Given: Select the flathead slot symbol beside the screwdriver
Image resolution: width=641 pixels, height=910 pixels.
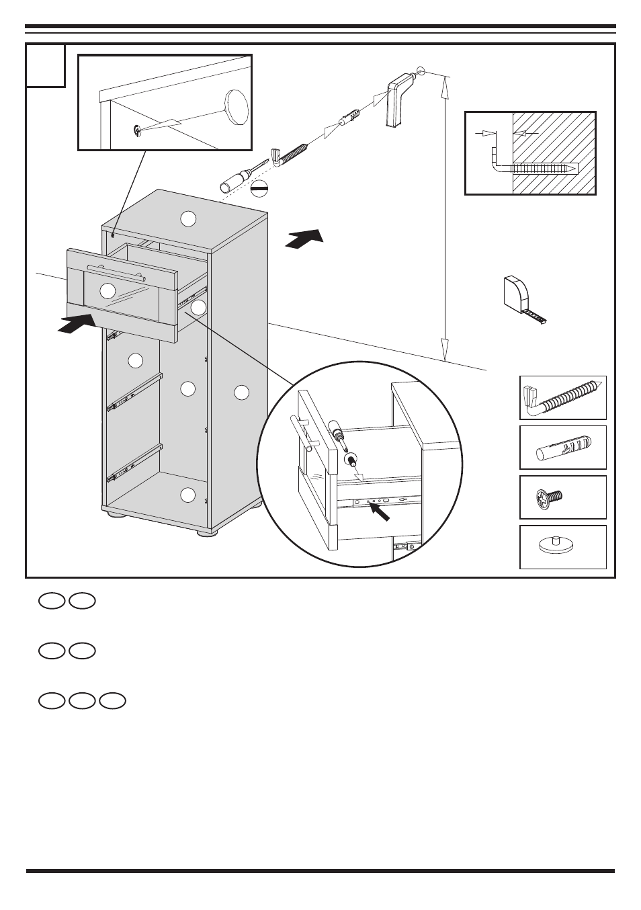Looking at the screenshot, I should pyautogui.click(x=259, y=188).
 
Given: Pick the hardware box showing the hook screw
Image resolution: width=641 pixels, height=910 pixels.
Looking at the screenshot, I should pyautogui.click(x=562, y=398).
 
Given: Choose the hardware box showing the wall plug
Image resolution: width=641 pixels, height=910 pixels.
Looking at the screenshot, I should pyautogui.click(x=562, y=448).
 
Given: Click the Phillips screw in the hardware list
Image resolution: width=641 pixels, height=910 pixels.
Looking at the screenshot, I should pyautogui.click(x=550, y=498).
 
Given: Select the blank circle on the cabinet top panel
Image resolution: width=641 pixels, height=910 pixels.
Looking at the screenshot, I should pyautogui.click(x=189, y=218).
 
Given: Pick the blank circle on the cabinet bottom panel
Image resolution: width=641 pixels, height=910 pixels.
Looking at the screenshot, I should pyautogui.click(x=188, y=495).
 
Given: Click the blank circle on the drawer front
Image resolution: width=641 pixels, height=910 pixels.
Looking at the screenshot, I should pyautogui.click(x=108, y=290).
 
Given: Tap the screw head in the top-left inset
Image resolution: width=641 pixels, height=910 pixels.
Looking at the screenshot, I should pyautogui.click(x=138, y=130).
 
